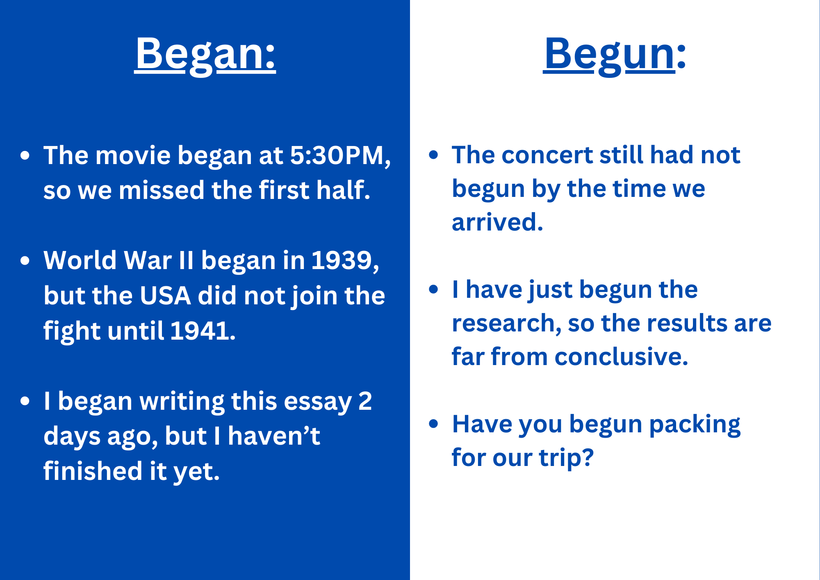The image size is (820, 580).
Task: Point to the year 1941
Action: pyautogui.click(x=203, y=331)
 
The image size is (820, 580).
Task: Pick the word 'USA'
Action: pyautogui.click(x=165, y=296)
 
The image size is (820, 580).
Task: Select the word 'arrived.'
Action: pyautogui.click(x=497, y=222)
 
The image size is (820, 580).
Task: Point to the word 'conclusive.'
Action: pyautogui.click(x=621, y=356)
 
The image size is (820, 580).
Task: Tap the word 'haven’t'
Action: pyautogui.click(x=273, y=436)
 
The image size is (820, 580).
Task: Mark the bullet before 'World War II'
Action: pyautogui.click(x=25, y=261)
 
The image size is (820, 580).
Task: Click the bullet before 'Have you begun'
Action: pyautogui.click(x=433, y=424)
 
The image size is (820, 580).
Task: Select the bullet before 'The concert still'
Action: pyautogui.click(x=433, y=155)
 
